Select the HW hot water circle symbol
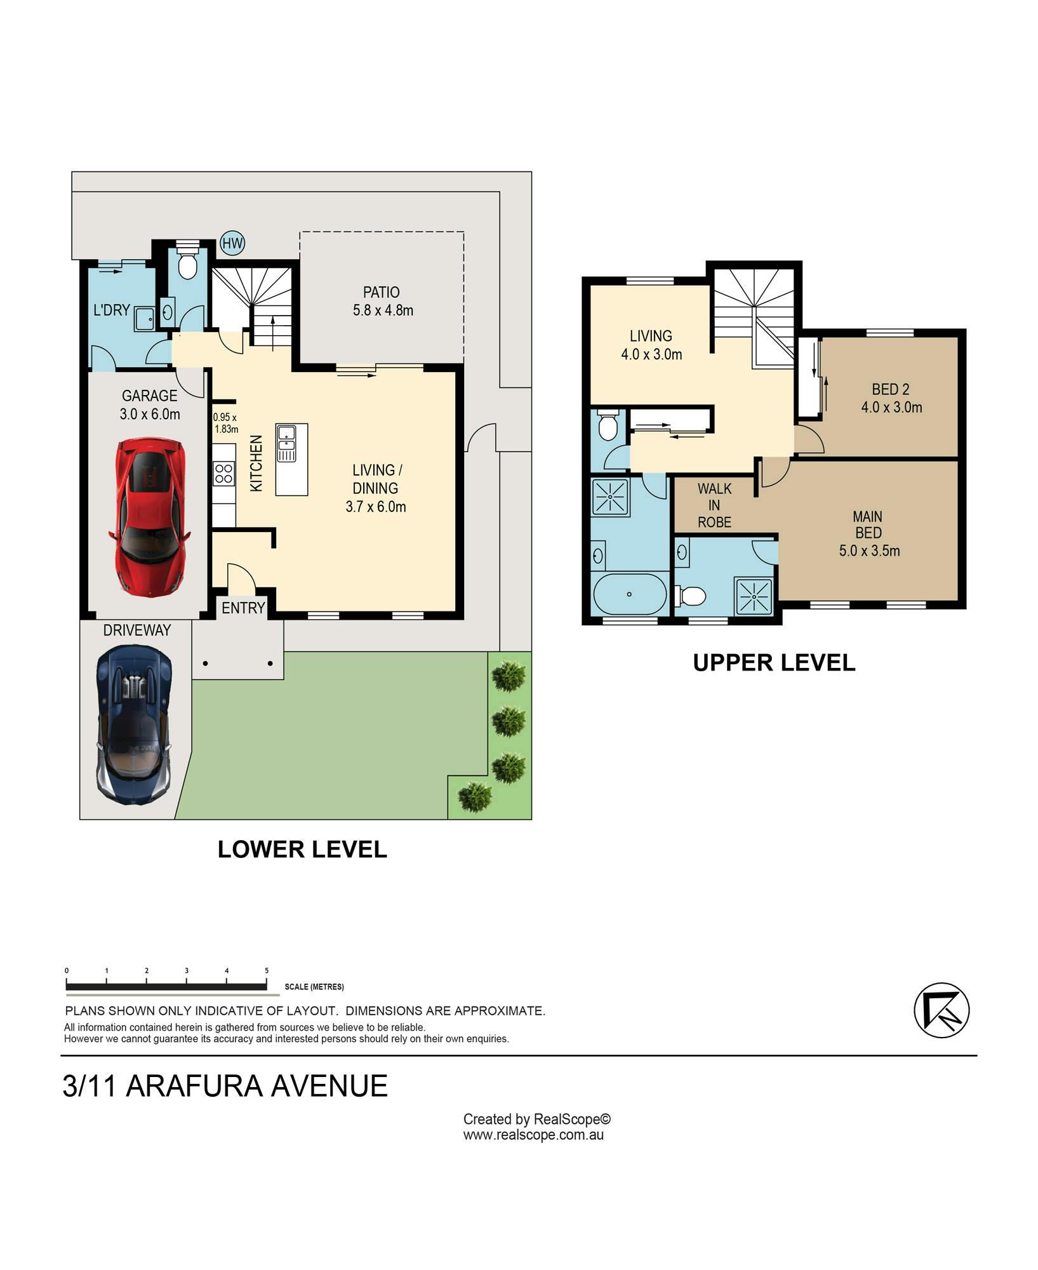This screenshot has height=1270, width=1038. pos(232,243)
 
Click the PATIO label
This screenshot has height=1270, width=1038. pos(381,292)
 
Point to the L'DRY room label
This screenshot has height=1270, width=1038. pos(112,310)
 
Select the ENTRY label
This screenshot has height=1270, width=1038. pos(243,608)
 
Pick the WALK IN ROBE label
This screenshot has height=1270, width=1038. pos(715,505)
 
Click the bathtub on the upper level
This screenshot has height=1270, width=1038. pos(629,594)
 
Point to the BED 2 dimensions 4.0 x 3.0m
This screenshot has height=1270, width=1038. pos(891,407)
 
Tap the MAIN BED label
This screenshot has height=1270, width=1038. pos(868,525)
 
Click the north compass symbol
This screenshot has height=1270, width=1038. pos(942,1010)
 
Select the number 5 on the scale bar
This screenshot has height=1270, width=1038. pos(267,970)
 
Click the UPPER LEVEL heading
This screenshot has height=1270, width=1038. pos(774,662)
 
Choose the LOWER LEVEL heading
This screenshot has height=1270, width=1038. pos(302,849)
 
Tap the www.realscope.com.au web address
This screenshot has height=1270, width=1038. pos(533,1135)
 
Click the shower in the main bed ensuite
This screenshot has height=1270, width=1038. pos(754,596)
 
